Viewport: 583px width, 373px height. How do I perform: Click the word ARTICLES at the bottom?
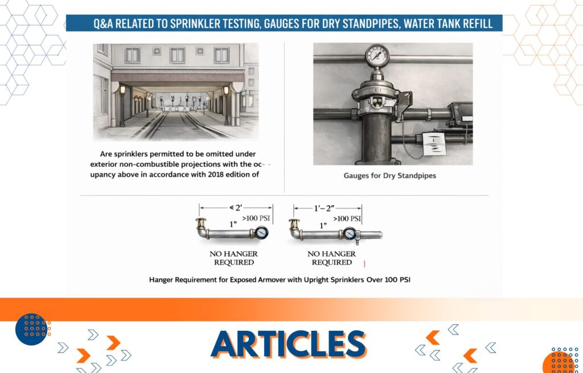(289, 344)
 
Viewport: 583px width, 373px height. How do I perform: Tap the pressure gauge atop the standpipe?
(377, 56)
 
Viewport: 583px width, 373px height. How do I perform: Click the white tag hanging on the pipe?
(434, 144)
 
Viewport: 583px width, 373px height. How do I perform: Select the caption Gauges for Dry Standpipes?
(389, 175)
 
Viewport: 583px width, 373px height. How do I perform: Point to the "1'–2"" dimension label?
(324, 208)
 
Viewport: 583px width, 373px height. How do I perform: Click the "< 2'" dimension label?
(236, 208)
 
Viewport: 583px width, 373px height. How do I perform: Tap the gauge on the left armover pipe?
(261, 233)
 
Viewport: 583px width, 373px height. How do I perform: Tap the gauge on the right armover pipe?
(350, 233)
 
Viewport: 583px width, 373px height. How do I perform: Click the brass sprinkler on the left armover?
(201, 223)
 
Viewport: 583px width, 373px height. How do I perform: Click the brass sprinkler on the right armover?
(294, 224)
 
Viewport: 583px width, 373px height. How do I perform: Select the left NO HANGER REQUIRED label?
(233, 258)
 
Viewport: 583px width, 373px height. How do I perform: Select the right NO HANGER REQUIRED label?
(331, 258)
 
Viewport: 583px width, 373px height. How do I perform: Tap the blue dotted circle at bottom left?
(32, 329)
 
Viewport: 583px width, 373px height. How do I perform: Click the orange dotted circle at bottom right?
(561, 360)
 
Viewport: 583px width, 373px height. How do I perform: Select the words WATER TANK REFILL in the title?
(448, 24)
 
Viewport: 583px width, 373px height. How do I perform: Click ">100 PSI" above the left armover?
(256, 218)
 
